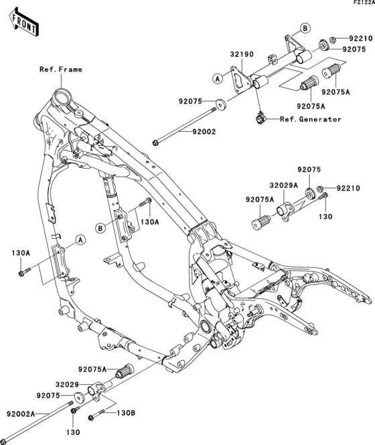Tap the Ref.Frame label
pyautogui.click(x=60, y=69)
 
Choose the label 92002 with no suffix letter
pyautogui.click(x=204, y=132)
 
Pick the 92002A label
pyautogui.click(x=21, y=415)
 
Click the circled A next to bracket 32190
pyautogui.click(x=218, y=78)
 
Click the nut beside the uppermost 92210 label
pyautogui.click(x=333, y=39)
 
